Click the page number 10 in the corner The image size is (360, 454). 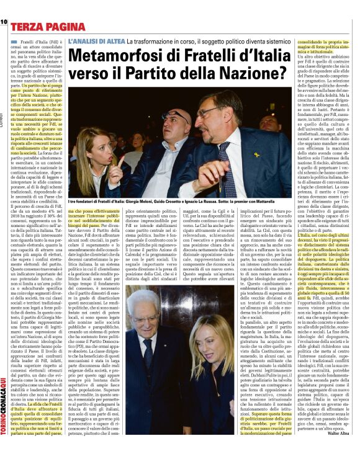pyautogui.click(x=4, y=22)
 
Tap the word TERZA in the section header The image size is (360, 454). pyautogui.click(x=28, y=27)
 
